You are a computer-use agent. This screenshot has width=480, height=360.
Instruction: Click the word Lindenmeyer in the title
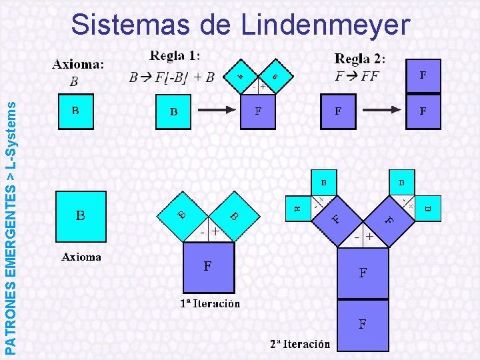[x=325, y=25]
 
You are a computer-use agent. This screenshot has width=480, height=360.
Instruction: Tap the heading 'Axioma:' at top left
[x=78, y=65]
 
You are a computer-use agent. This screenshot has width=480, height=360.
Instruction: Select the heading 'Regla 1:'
[x=175, y=56]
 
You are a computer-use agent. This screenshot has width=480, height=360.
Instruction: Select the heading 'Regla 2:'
[x=359, y=59]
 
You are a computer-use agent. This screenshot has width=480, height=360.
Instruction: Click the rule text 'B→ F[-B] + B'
[x=171, y=77]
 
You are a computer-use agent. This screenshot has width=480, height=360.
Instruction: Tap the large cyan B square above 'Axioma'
[x=81, y=216]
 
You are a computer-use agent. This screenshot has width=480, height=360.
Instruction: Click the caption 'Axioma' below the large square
[x=81, y=257]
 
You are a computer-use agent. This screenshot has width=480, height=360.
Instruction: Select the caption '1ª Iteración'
[x=210, y=303]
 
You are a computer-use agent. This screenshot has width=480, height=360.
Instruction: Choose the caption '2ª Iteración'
[x=300, y=344]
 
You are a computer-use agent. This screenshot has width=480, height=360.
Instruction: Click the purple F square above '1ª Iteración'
[x=208, y=267]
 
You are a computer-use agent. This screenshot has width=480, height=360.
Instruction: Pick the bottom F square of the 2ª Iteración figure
[x=362, y=325]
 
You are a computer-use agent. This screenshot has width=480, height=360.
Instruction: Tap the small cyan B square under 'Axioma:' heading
[x=76, y=111]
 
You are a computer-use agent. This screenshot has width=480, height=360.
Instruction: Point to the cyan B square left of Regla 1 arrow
[x=173, y=111]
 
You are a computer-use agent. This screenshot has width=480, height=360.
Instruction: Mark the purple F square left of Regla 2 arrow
[x=339, y=111]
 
